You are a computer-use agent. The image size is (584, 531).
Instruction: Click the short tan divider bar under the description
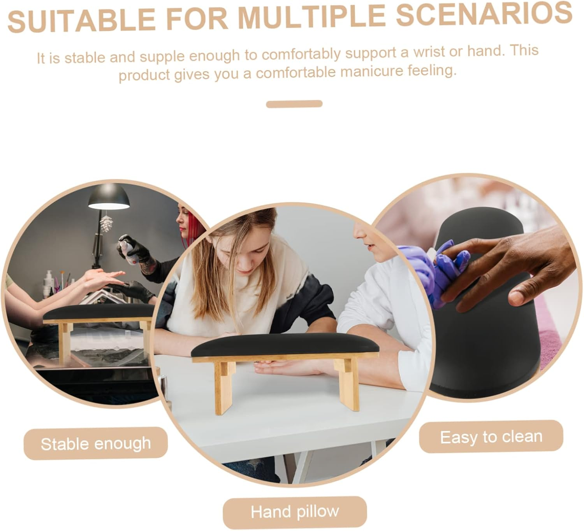(294, 104)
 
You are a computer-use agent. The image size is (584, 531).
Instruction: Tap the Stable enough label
(95, 444)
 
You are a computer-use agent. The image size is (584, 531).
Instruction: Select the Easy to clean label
(491, 437)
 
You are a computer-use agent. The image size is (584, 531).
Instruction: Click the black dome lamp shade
(109, 196)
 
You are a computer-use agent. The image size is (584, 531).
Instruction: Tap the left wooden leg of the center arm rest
(224, 387)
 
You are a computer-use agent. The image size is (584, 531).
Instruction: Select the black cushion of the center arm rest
(285, 345)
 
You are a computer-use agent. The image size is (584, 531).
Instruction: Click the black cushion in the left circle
(99, 312)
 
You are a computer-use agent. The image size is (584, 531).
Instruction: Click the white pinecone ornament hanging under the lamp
(106, 223)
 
